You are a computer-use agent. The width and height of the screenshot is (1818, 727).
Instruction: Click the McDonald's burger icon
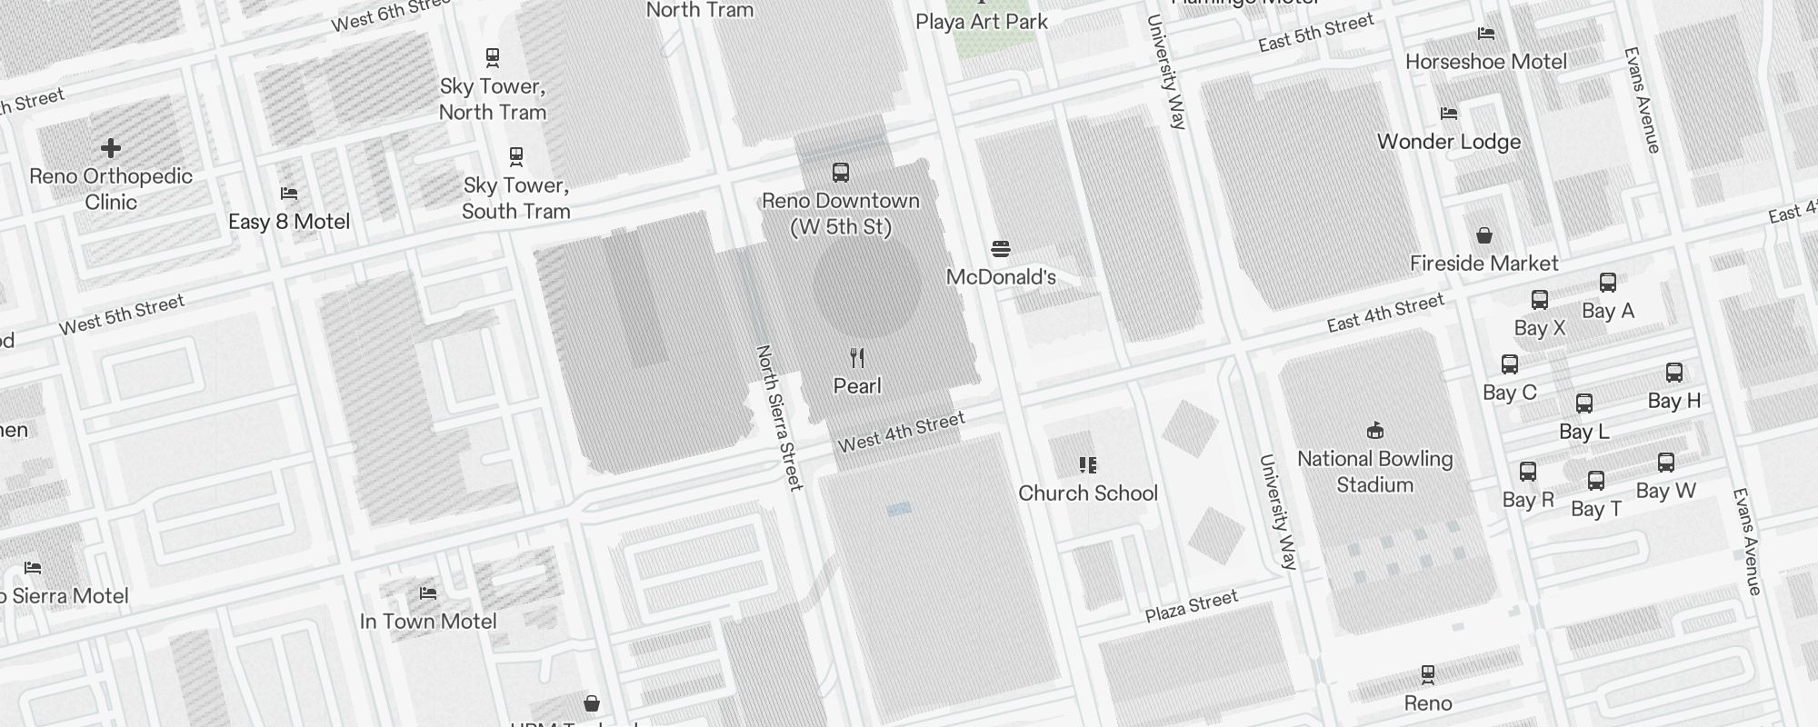click(x=1001, y=249)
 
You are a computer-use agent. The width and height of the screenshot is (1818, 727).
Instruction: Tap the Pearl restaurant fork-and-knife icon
click(x=857, y=358)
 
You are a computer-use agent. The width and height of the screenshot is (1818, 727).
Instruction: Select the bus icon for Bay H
click(x=1674, y=373)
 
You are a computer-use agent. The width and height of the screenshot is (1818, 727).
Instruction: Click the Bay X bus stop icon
click(x=1540, y=300)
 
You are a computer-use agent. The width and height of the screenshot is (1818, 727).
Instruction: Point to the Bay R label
click(x=1528, y=500)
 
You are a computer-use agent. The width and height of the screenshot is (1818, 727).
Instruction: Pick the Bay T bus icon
click(x=1596, y=481)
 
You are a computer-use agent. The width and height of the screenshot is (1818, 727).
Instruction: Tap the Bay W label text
click(x=1665, y=491)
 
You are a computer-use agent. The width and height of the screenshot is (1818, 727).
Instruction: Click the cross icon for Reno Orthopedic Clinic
click(x=111, y=148)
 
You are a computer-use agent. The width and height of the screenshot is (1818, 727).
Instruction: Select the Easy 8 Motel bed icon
click(x=289, y=194)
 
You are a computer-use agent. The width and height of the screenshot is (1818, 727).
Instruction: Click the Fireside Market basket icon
click(x=1484, y=236)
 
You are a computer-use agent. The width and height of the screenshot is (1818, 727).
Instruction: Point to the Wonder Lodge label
click(x=1449, y=142)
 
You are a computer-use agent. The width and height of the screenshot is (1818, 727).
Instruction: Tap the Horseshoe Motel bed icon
click(x=1486, y=35)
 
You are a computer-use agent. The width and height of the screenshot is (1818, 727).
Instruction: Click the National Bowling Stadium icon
click(x=1375, y=430)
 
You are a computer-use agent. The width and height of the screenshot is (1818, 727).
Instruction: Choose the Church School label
click(x=1088, y=493)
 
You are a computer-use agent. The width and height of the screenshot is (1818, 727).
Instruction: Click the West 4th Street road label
click(x=901, y=433)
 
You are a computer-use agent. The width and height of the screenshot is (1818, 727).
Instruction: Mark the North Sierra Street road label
click(x=780, y=417)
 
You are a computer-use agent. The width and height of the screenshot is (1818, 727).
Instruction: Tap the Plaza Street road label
click(x=1191, y=606)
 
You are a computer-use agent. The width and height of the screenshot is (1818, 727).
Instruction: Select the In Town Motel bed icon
click(x=428, y=593)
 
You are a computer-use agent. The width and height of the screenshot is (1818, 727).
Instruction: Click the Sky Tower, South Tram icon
click(x=516, y=157)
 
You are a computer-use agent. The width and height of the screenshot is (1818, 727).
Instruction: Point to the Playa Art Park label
click(x=982, y=22)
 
